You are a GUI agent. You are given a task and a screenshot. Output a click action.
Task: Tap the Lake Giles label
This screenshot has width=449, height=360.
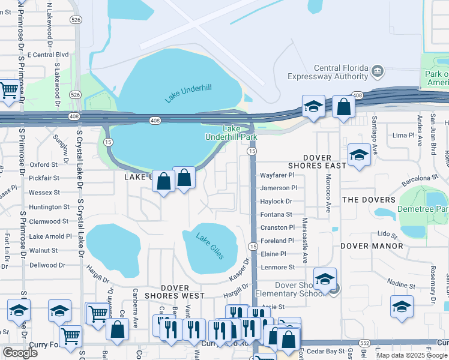click(210, 246)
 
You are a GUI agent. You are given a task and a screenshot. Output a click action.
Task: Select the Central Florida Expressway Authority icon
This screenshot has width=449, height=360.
click(378, 71)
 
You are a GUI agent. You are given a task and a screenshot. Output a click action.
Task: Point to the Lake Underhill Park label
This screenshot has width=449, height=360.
click(240, 133)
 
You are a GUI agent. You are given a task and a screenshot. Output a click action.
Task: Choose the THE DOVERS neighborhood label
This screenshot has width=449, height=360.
click(369, 200)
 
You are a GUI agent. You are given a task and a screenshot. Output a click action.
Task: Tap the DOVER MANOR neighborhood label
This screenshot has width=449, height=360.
click(372, 246)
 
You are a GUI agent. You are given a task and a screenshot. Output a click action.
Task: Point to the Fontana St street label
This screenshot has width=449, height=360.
click(276, 214)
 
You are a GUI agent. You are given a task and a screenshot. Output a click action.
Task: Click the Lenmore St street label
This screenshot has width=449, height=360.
click(277, 267)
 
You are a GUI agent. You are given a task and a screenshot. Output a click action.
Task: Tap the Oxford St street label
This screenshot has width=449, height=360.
click(44, 164)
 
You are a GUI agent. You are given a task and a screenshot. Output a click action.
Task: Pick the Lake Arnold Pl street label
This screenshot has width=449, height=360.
click(50, 236)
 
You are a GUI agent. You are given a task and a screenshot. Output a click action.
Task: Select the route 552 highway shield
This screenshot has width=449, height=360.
click(364, 342)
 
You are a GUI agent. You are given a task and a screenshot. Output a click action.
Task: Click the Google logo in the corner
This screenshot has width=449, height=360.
click(20, 353)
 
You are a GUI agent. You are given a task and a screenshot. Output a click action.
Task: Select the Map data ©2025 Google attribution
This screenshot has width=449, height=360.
click(412, 355)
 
